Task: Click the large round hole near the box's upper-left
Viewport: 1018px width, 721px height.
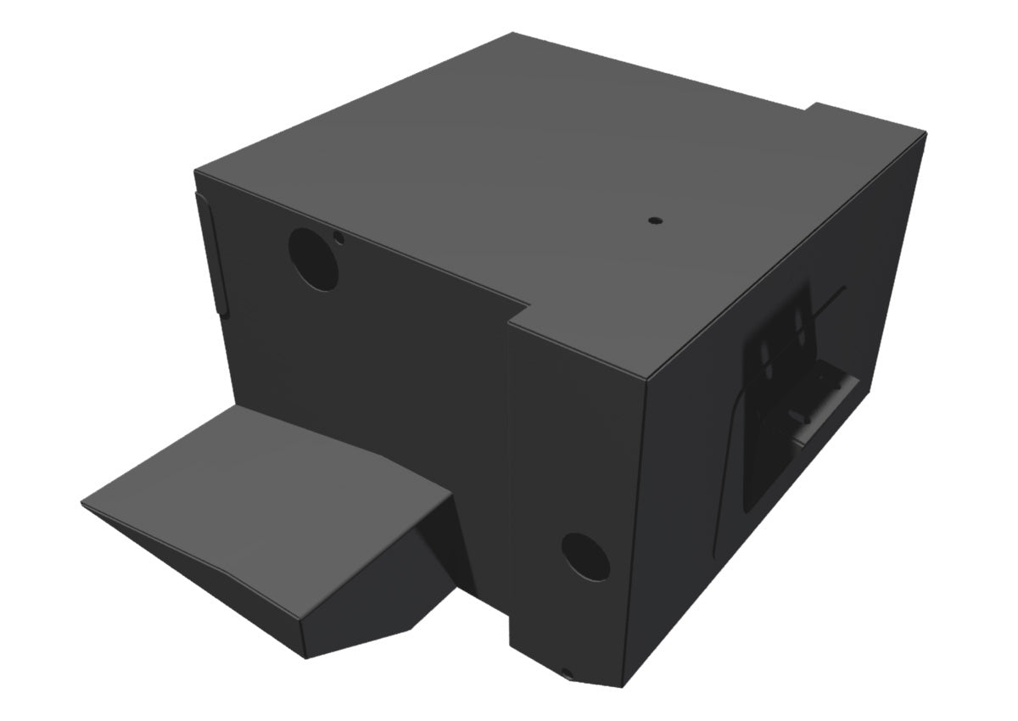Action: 313,260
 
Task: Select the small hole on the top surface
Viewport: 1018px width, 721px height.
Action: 654,220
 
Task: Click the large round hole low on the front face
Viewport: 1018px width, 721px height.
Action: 586,556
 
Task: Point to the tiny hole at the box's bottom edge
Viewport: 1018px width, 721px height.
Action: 568,674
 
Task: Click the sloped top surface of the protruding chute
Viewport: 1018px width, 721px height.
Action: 255,492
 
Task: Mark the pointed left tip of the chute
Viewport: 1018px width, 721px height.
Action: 83,507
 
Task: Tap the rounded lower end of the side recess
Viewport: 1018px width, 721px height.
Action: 751,500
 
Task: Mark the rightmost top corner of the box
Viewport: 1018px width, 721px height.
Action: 925,131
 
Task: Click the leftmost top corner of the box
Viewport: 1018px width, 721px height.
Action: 196,170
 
